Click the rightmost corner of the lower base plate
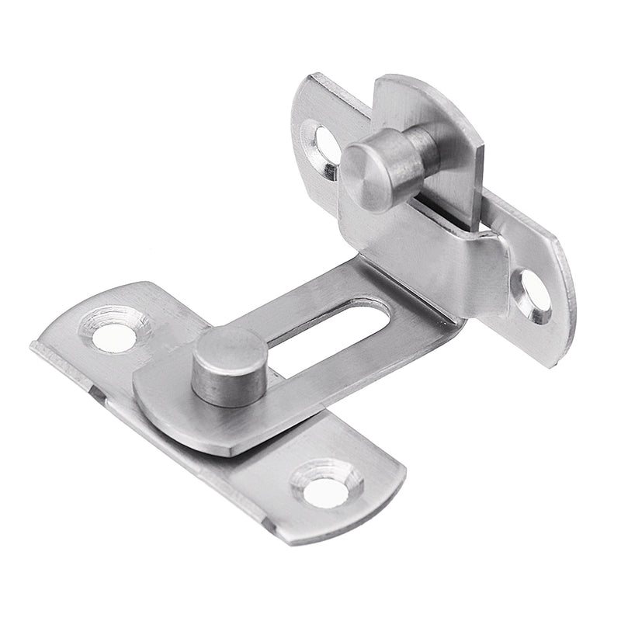click(404, 470)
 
